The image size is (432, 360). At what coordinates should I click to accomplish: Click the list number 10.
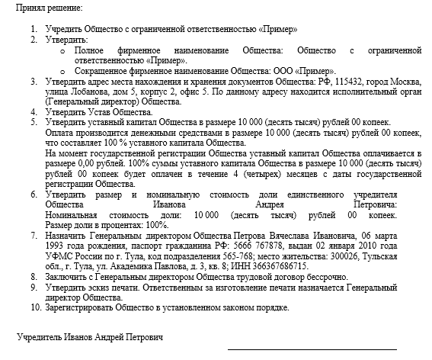tap(34, 308)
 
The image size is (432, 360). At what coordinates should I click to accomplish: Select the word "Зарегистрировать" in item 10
tap(83, 308)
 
